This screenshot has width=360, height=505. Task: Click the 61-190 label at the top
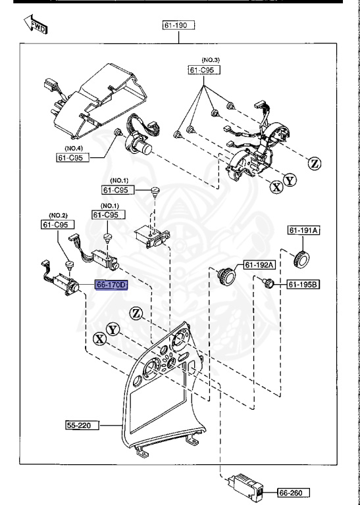click(x=180, y=26)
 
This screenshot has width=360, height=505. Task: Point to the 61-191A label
click(x=303, y=230)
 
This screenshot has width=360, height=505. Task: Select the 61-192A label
click(x=259, y=265)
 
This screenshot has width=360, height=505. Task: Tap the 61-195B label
click(x=303, y=284)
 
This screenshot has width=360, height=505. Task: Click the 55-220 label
click(x=81, y=425)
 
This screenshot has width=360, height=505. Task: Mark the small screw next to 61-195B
click(x=267, y=283)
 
